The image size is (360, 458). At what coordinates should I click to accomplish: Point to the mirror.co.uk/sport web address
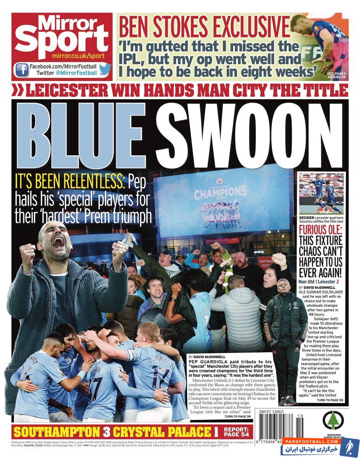(81, 56)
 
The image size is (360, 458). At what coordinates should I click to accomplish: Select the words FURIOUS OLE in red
(321, 231)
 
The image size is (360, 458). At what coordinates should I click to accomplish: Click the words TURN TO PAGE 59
(237, 416)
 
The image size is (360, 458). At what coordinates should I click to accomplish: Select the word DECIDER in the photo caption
(307, 217)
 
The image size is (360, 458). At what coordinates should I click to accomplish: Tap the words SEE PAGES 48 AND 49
(336, 75)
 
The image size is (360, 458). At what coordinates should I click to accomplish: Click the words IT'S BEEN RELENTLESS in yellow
(70, 182)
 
